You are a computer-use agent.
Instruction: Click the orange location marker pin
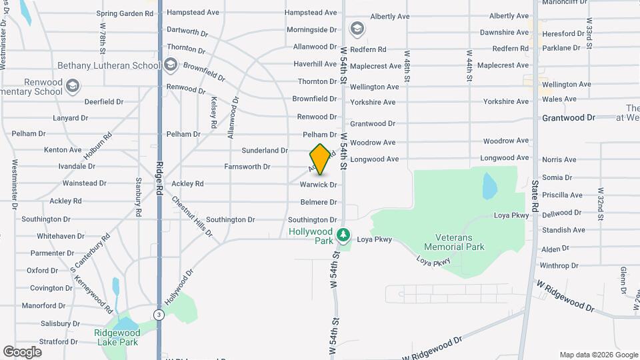click(x=320, y=159)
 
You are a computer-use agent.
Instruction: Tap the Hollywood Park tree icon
click(x=343, y=235)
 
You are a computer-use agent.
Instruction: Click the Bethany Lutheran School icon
click(x=171, y=65)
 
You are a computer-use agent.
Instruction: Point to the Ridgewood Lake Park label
click(x=116, y=337)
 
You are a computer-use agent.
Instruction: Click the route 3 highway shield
click(x=158, y=314)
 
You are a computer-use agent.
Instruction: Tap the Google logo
click(x=22, y=352)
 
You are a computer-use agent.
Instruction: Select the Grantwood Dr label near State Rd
click(x=568, y=117)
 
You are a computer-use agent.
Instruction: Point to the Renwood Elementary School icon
click(x=72, y=86)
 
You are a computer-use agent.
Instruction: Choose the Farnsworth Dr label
click(x=247, y=167)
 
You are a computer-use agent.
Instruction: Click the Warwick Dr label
click(x=318, y=184)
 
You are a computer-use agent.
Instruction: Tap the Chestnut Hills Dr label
click(x=192, y=216)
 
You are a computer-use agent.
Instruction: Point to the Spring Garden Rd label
click(x=125, y=13)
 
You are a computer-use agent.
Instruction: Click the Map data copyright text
click(x=597, y=355)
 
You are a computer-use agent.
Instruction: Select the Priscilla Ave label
click(x=562, y=195)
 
